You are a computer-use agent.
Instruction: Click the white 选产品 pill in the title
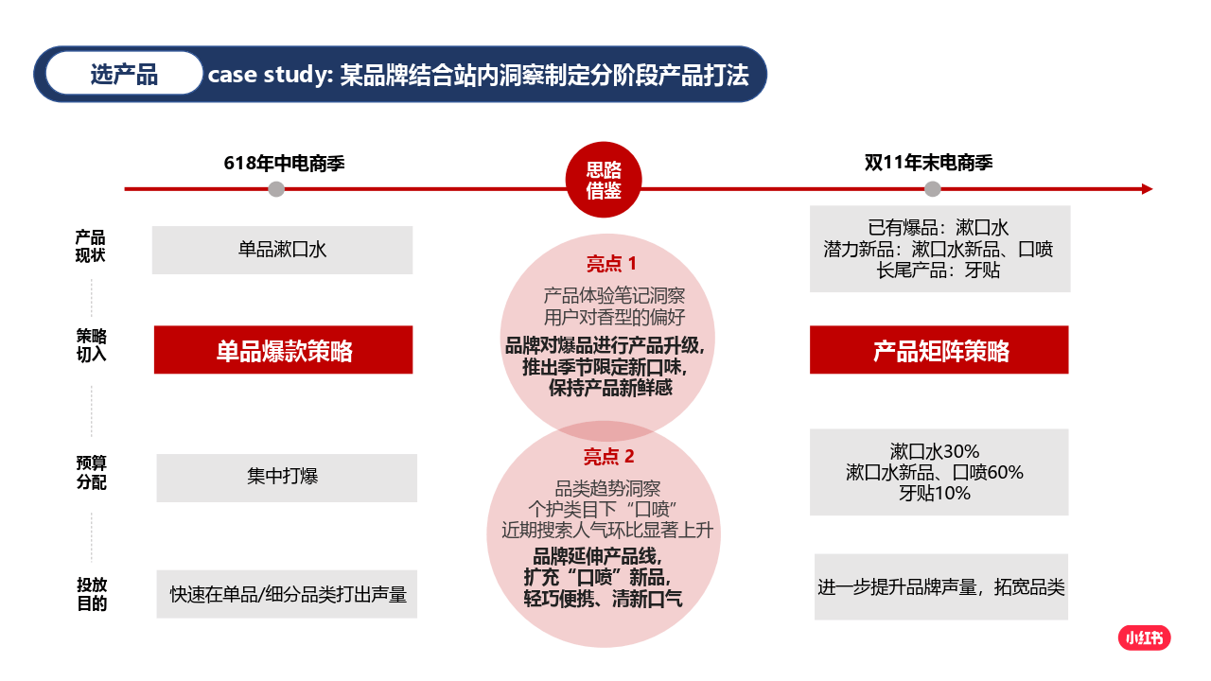pyautogui.click(x=124, y=75)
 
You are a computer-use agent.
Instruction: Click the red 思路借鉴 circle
pyautogui.click(x=604, y=181)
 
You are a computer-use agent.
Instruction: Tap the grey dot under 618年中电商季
pyautogui.click(x=276, y=189)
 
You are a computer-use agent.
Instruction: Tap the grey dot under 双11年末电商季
pyautogui.click(x=933, y=189)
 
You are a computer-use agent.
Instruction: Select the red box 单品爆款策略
pyautogui.click(x=284, y=350)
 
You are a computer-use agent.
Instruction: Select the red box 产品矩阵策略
pyautogui.click(x=939, y=350)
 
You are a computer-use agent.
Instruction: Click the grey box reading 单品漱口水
pyautogui.click(x=282, y=250)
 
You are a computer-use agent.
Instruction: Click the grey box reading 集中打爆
pyautogui.click(x=286, y=478)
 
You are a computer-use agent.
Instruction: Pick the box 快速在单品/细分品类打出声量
pyautogui.click(x=288, y=595)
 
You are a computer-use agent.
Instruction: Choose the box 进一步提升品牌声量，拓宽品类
pyautogui.click(x=941, y=587)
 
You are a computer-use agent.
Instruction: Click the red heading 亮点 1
pyautogui.click(x=611, y=264)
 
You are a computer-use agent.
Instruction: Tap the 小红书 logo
pyautogui.click(x=1144, y=638)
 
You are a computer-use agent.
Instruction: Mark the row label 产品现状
pyautogui.click(x=91, y=246)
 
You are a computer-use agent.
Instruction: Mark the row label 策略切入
pyautogui.click(x=91, y=345)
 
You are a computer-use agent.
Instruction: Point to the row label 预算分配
pyautogui.click(x=92, y=473)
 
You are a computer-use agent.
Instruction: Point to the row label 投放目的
pyautogui.click(x=92, y=594)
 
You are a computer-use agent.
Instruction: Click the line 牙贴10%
pyautogui.click(x=934, y=494)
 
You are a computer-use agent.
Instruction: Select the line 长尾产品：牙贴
pyautogui.click(x=939, y=271)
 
